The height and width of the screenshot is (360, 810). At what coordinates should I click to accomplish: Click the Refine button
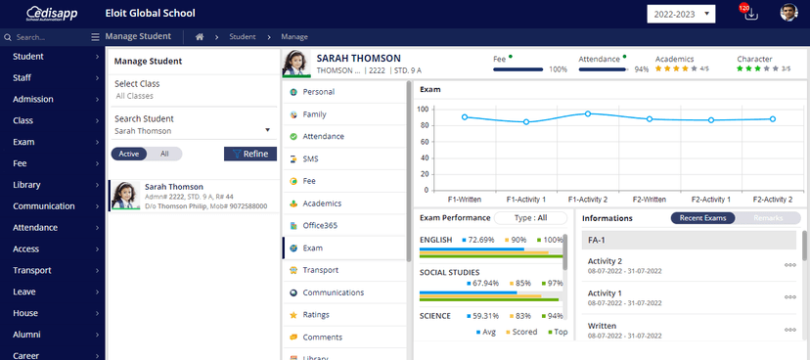coord(250,154)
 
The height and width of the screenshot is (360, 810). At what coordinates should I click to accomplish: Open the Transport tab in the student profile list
coord(320,270)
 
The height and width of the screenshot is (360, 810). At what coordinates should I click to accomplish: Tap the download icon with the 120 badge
coord(750,14)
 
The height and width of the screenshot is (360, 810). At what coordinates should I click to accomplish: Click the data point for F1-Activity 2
coord(588,113)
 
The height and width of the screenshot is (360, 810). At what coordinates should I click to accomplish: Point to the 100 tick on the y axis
coord(423,109)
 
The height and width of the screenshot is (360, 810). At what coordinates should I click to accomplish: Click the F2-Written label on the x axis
coord(650,198)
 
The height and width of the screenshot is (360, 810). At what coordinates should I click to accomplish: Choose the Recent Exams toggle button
coord(702,217)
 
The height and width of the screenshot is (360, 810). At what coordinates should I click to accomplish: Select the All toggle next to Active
coord(165,154)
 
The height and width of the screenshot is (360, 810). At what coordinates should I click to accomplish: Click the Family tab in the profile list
coord(314,114)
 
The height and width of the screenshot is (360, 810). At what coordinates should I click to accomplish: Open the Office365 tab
coord(321,225)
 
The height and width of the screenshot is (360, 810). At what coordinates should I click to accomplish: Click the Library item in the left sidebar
coord(26,185)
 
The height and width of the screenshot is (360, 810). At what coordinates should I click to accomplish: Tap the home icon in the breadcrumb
coord(200,37)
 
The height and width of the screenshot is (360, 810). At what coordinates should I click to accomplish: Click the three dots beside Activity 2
coord(789,264)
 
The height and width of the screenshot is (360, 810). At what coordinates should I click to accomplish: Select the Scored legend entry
coord(520,333)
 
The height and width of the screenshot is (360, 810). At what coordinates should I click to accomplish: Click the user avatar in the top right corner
coord(788,13)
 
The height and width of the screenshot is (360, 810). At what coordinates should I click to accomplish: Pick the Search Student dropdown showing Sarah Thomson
coord(192,130)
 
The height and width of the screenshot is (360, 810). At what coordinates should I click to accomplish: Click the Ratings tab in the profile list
coord(316,315)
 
